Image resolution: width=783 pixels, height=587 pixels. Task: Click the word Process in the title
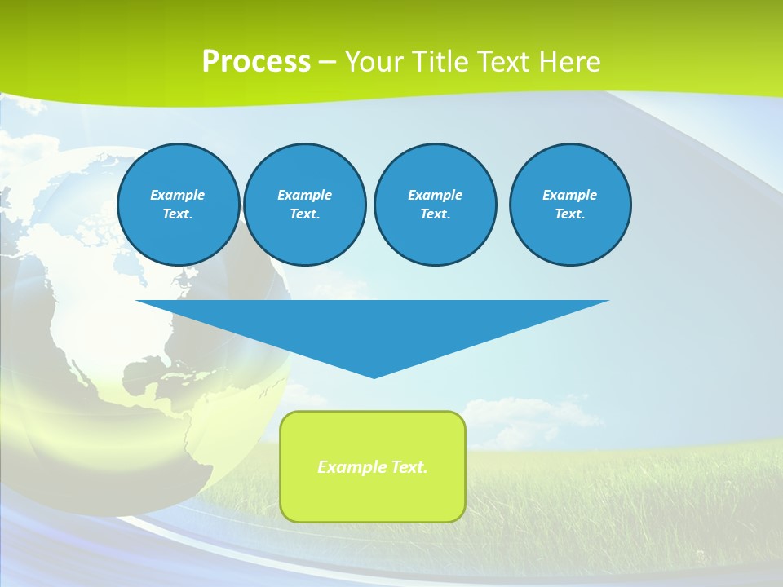[256, 62]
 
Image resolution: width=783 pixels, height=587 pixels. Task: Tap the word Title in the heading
[445, 62]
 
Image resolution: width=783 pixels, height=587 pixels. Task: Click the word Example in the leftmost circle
[178, 195]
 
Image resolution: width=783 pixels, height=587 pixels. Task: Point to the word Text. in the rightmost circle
[570, 214]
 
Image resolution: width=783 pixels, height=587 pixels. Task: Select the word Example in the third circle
[436, 195]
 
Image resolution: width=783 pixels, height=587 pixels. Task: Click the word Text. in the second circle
[305, 214]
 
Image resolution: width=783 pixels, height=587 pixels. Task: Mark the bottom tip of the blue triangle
[374, 377]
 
